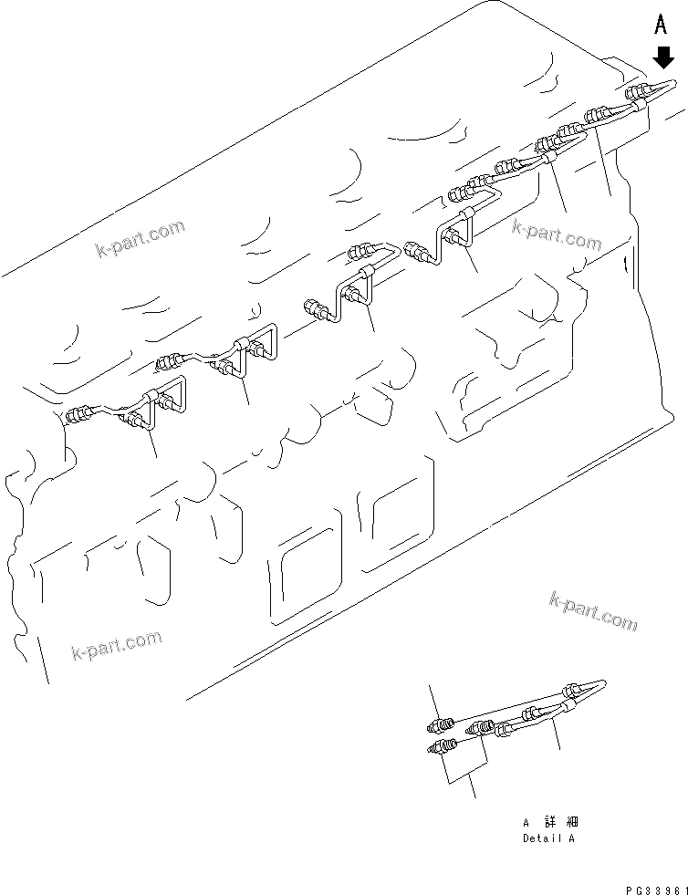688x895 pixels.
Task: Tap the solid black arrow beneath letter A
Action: click(x=663, y=58)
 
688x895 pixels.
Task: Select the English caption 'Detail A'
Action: click(x=548, y=838)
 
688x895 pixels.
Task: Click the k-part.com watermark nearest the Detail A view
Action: click(x=593, y=610)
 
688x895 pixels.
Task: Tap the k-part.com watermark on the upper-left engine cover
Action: click(x=140, y=239)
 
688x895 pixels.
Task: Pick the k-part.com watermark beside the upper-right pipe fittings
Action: click(x=557, y=234)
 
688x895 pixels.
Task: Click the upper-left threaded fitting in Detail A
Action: click(x=441, y=725)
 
